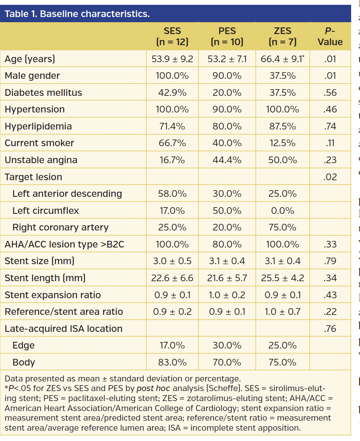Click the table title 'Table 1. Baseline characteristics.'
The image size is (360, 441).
pyautogui.click(x=77, y=14)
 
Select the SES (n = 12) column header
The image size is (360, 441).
pyautogui.click(x=172, y=36)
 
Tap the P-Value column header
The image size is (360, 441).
pyautogui.click(x=330, y=36)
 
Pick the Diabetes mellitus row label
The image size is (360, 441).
pyautogui.click(x=43, y=92)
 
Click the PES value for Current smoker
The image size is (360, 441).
pyautogui.click(x=227, y=143)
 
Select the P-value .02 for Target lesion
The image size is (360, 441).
pyautogui.click(x=330, y=177)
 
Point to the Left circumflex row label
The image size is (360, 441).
pyautogui.click(x=45, y=211)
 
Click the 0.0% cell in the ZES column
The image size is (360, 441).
pyautogui.click(x=282, y=211)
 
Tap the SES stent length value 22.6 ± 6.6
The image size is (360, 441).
pyautogui.click(x=172, y=278)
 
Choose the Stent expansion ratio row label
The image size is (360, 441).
pyautogui.click(x=52, y=295)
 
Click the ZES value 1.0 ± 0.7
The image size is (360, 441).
pyautogui.click(x=282, y=312)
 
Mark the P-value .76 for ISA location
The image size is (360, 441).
pyautogui.click(x=330, y=329)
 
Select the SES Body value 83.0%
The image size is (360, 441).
pyautogui.click(x=172, y=362)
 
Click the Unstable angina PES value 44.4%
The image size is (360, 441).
pyautogui.click(x=227, y=160)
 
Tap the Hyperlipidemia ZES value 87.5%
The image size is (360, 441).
pyautogui.click(x=282, y=126)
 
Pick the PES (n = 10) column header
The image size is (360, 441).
pyautogui.click(x=227, y=36)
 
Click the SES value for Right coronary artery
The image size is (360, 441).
pyautogui.click(x=172, y=227)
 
